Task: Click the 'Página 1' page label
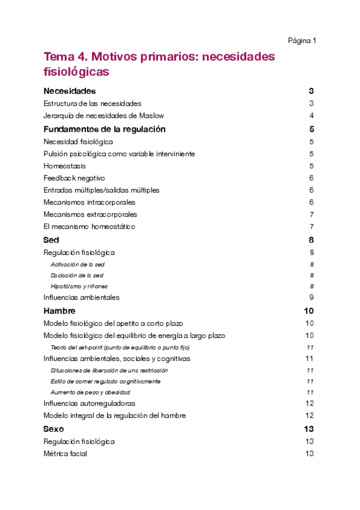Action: [x=302, y=41]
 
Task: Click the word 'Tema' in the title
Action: [x=58, y=57]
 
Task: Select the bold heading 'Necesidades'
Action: [x=70, y=91]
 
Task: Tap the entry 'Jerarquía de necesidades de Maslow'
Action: [x=96, y=115]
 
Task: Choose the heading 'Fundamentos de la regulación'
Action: [x=105, y=129]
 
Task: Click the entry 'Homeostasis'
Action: [x=64, y=166]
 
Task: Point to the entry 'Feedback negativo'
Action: [x=74, y=178]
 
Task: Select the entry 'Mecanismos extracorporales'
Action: [x=90, y=214]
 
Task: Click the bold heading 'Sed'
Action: [x=51, y=240]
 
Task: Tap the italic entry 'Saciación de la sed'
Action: [x=78, y=275]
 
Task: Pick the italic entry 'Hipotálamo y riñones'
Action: [x=79, y=286]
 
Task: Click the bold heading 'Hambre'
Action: [x=59, y=311]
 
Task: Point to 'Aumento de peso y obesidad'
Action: [x=90, y=392]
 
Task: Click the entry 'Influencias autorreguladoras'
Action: [x=90, y=404]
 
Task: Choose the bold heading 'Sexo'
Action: [x=53, y=429]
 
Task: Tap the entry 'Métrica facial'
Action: [x=65, y=453]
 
